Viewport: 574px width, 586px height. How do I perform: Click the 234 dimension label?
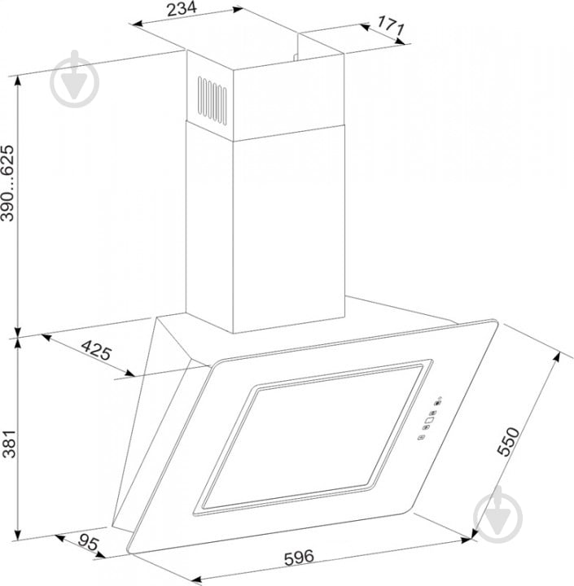(182, 9)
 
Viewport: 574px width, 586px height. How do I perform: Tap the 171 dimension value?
(391, 25)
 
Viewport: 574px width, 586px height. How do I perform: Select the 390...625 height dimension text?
(7, 183)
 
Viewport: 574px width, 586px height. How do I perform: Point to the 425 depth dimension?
(96, 350)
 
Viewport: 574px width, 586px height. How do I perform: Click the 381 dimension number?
(8, 444)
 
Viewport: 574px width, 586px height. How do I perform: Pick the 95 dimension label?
(88, 543)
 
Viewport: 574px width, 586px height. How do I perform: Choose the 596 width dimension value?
(299, 557)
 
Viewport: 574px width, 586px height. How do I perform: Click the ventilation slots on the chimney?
(212, 100)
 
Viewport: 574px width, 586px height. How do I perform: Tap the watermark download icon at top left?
(75, 79)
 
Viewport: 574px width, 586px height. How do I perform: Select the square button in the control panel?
(429, 420)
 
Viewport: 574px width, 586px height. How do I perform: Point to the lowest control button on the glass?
(421, 437)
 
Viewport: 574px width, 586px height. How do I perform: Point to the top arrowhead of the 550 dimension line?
(557, 357)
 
